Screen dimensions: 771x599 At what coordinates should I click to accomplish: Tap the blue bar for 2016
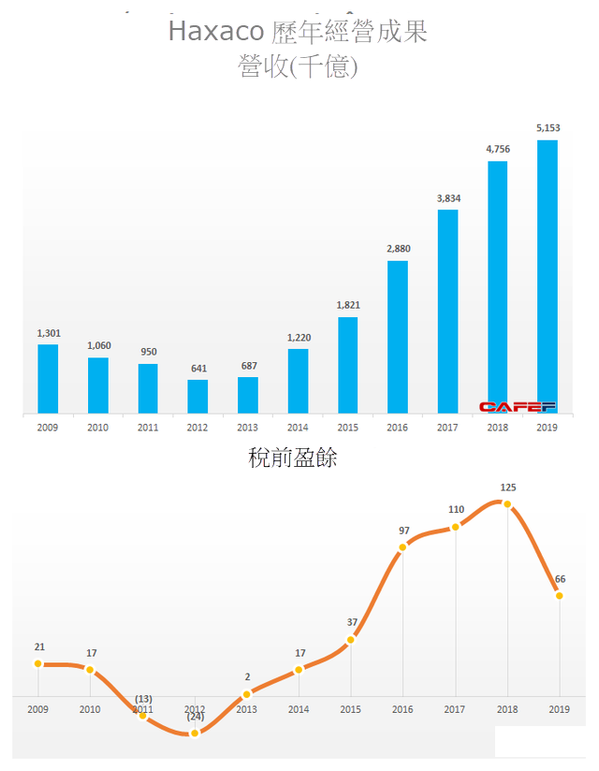click(398, 337)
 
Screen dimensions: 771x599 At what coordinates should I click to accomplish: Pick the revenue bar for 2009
click(48, 378)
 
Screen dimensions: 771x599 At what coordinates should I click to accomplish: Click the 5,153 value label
click(548, 128)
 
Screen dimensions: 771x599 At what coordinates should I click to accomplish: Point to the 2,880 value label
click(398, 249)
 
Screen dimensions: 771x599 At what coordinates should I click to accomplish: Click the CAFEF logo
click(517, 407)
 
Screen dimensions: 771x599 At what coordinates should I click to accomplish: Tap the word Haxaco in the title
click(214, 32)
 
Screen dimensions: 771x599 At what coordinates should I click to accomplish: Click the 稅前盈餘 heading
click(293, 458)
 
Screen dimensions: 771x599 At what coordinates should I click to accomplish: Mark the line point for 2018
click(507, 504)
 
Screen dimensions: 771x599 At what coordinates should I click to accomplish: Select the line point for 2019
click(560, 595)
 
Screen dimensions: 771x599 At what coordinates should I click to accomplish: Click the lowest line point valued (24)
click(195, 734)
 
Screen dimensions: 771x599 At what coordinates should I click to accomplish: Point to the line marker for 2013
click(247, 694)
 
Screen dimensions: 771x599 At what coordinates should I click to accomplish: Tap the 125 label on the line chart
click(508, 487)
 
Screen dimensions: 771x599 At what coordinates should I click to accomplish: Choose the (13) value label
click(143, 699)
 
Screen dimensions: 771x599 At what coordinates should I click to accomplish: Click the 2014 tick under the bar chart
click(298, 427)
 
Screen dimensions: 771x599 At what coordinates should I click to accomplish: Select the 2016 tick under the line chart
click(403, 710)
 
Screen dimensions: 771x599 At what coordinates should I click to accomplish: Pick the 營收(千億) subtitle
click(299, 68)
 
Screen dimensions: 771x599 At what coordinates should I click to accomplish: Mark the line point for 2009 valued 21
click(38, 663)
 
